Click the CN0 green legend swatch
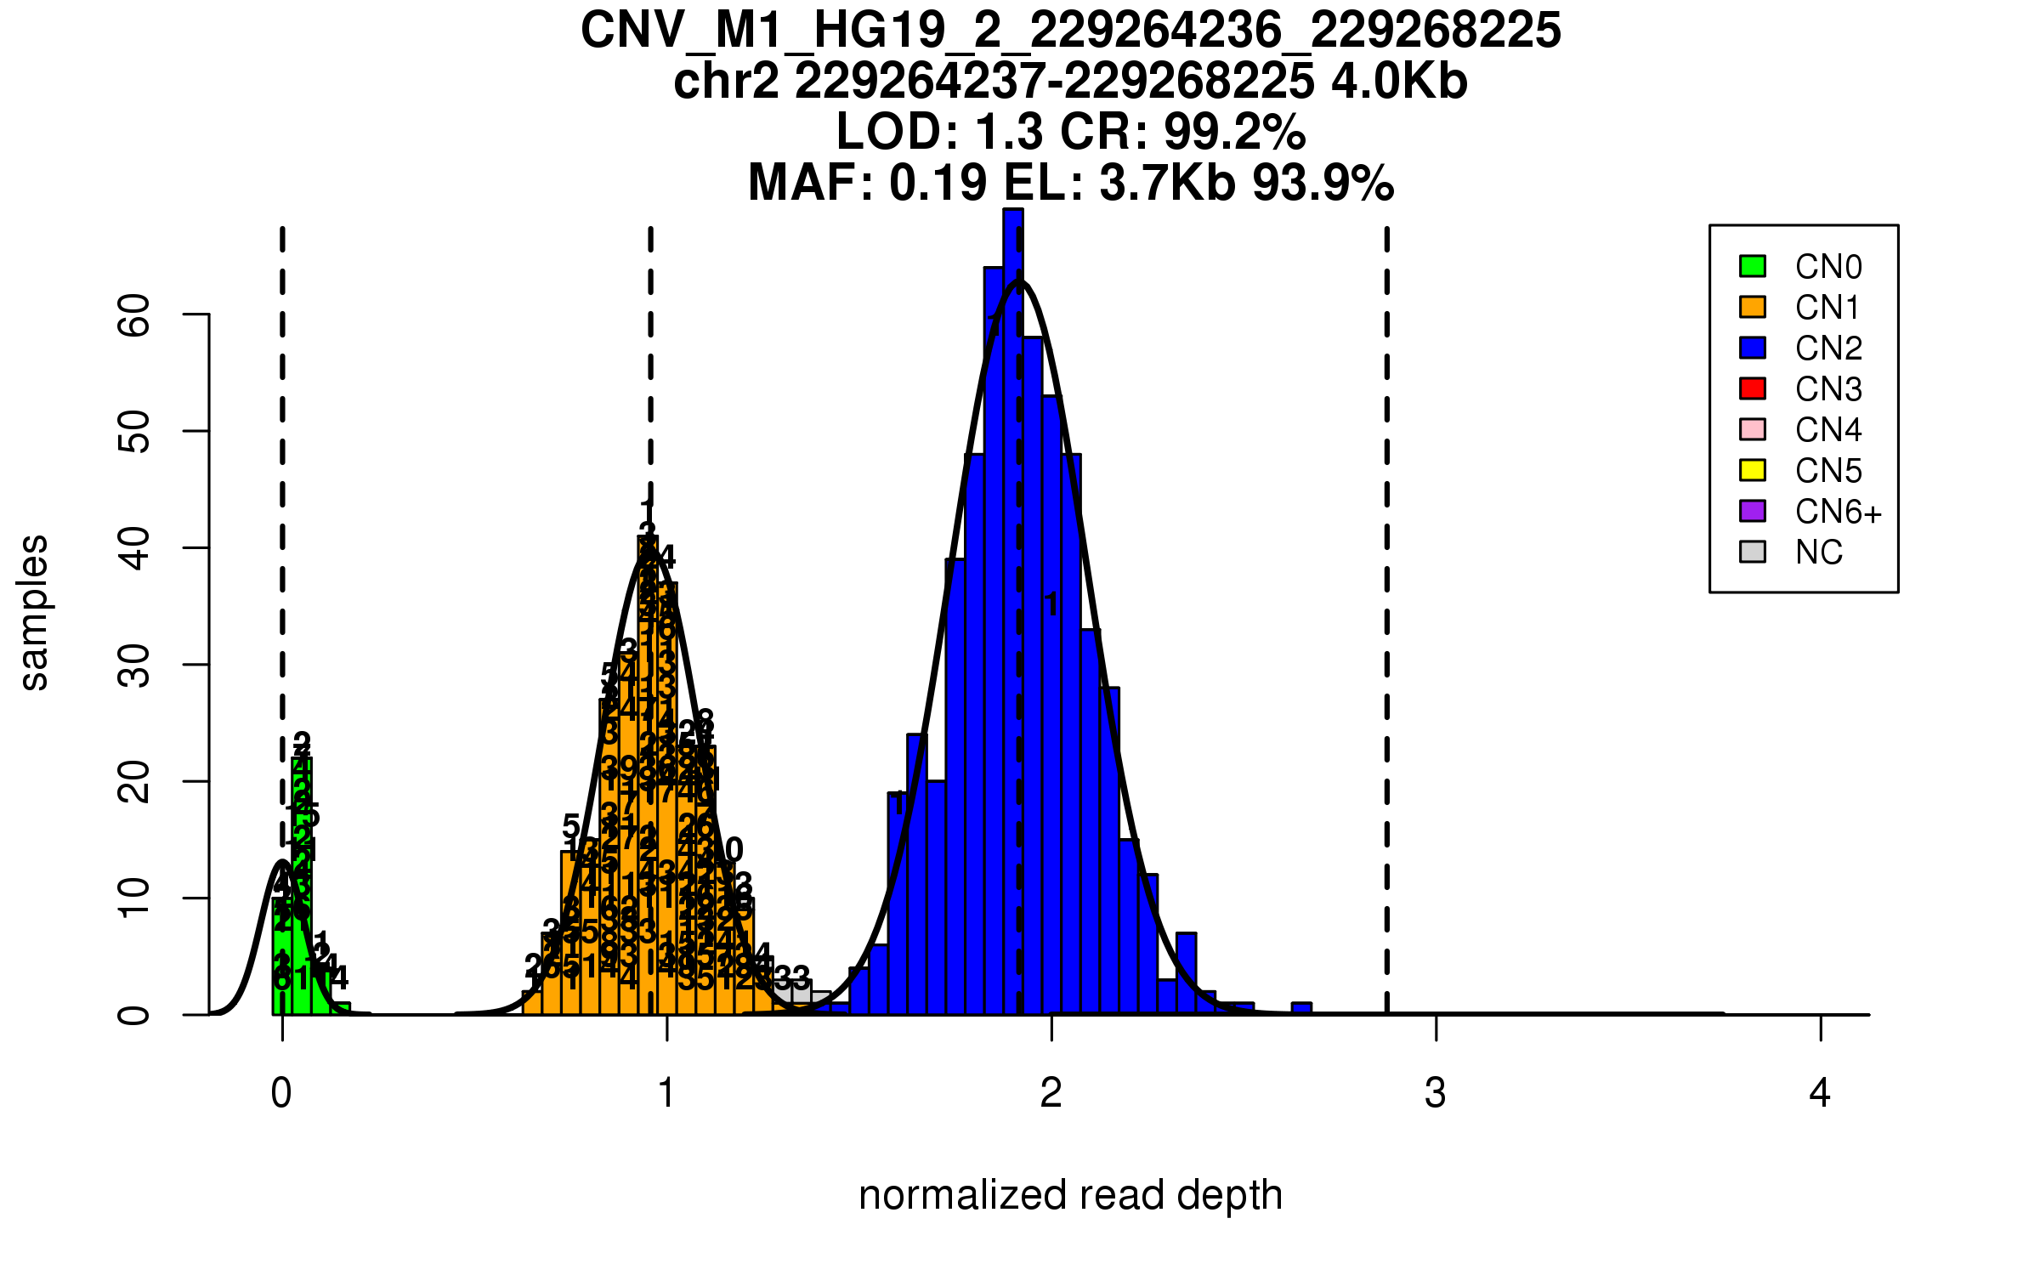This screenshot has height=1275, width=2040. click(1753, 266)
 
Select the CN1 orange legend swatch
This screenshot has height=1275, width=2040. click(1753, 307)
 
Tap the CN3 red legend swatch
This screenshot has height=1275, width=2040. click(1753, 388)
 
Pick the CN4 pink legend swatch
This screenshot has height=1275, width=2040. click(1753, 429)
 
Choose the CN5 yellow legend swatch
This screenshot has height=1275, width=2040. click(1753, 470)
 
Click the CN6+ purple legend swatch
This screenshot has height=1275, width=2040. click(1753, 511)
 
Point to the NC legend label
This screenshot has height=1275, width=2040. click(1818, 552)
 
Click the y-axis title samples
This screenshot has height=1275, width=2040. click(34, 612)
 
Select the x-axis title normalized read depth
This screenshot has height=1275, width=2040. click(1070, 1195)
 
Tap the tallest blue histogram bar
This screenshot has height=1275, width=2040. click(1012, 612)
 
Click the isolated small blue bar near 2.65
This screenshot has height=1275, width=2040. click(1301, 1009)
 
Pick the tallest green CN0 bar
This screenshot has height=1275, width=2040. click(302, 884)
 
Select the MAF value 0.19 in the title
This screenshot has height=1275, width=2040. click(938, 183)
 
